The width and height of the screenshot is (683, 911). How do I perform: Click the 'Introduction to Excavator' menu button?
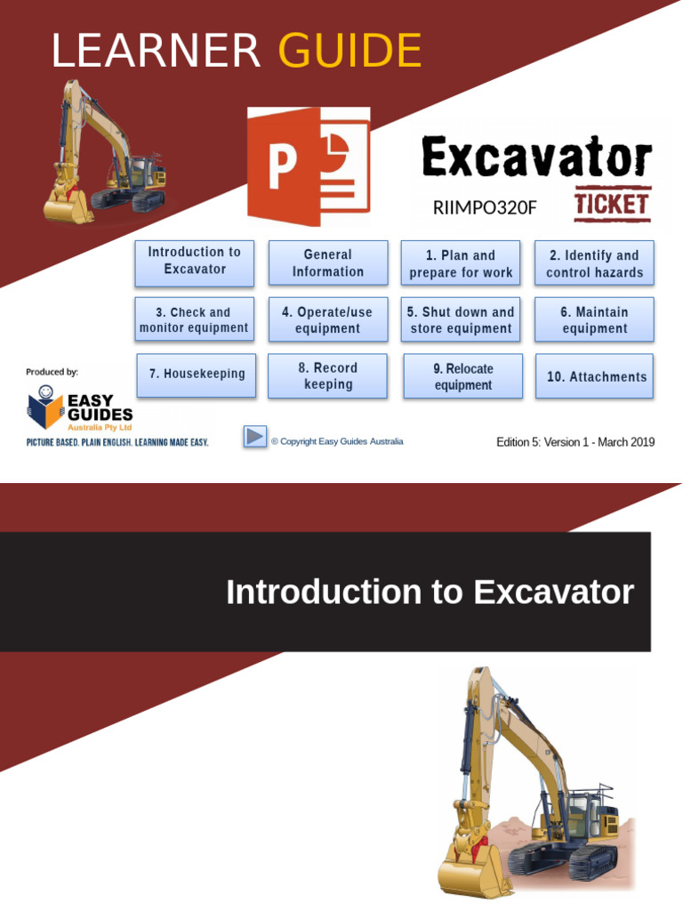[194, 262]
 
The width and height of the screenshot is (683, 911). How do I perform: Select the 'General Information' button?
[328, 263]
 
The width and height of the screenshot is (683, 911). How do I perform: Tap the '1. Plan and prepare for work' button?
[461, 263]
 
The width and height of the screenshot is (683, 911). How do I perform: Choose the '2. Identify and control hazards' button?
[594, 263]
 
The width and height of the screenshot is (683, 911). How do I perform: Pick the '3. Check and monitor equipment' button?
[194, 319]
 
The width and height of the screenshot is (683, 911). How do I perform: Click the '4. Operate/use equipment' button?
[328, 319]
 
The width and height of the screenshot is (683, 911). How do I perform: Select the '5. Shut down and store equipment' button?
[461, 319]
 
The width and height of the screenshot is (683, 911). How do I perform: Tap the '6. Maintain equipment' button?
[594, 319]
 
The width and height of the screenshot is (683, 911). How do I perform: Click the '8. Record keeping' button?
[329, 375]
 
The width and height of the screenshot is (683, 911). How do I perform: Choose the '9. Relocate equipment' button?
[463, 376]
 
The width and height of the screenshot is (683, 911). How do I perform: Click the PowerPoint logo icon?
[308, 166]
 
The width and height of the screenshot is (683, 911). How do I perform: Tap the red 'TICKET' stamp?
[612, 205]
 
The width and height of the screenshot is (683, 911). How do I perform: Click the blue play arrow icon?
[254, 437]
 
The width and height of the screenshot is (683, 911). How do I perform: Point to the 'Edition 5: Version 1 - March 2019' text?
[575, 442]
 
